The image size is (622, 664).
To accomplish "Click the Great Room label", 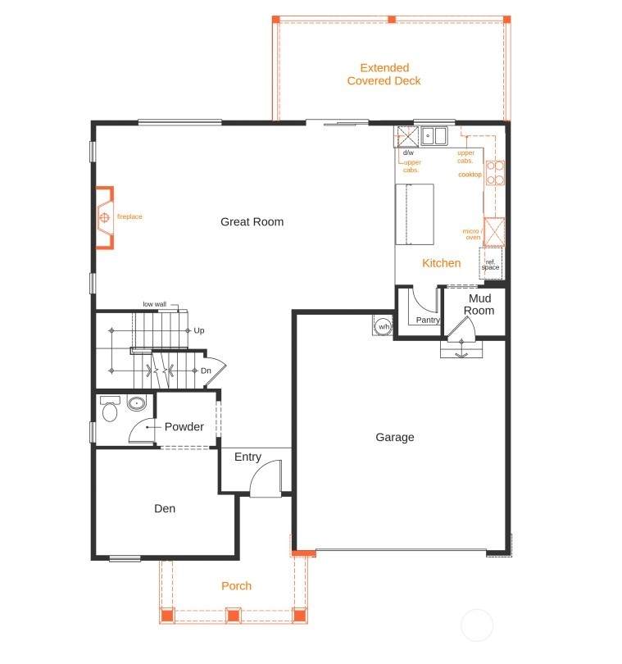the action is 252,222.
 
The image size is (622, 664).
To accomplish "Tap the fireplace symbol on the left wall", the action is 105,218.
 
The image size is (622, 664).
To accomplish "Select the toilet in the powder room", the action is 110,409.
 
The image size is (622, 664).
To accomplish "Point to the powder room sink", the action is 137,403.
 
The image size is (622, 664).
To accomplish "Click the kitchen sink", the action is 434,136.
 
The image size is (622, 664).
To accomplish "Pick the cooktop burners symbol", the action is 495,173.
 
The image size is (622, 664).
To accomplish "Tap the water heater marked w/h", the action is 384,326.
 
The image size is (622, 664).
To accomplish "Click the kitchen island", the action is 415,214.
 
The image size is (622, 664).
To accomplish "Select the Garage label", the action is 395,437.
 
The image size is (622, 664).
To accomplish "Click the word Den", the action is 165,508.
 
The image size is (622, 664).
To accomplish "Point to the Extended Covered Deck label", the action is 384,74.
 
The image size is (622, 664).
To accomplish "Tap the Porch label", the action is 236,586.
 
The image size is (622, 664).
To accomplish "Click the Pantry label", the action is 428,320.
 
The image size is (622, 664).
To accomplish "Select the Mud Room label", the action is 479,304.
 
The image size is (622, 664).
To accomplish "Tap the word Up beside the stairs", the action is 199,330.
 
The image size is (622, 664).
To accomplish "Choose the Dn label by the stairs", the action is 206,371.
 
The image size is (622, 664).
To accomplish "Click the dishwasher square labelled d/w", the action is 407,136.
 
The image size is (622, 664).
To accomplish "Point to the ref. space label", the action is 490,265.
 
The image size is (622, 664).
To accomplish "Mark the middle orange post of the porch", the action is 234,615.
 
